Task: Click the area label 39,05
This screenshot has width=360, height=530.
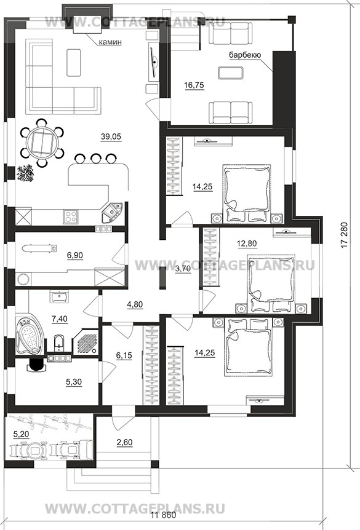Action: (111, 136)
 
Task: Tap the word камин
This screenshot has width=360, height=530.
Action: (110, 42)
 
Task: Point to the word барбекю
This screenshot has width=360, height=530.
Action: (245, 55)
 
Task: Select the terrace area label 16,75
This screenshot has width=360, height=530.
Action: (194, 85)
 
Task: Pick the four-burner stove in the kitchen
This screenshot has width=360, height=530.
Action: (70, 216)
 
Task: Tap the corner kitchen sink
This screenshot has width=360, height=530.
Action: (112, 212)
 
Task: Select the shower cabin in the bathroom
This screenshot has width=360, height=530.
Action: (84, 341)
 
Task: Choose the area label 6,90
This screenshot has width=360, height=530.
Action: (75, 256)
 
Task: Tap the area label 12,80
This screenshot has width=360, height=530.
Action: (247, 243)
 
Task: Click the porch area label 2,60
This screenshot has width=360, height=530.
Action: (124, 442)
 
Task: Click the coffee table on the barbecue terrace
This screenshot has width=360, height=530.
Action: (230, 73)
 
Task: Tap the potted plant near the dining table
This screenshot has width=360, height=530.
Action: (25, 173)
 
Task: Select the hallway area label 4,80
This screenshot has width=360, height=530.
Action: (134, 304)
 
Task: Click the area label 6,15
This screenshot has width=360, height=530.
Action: (124, 355)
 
